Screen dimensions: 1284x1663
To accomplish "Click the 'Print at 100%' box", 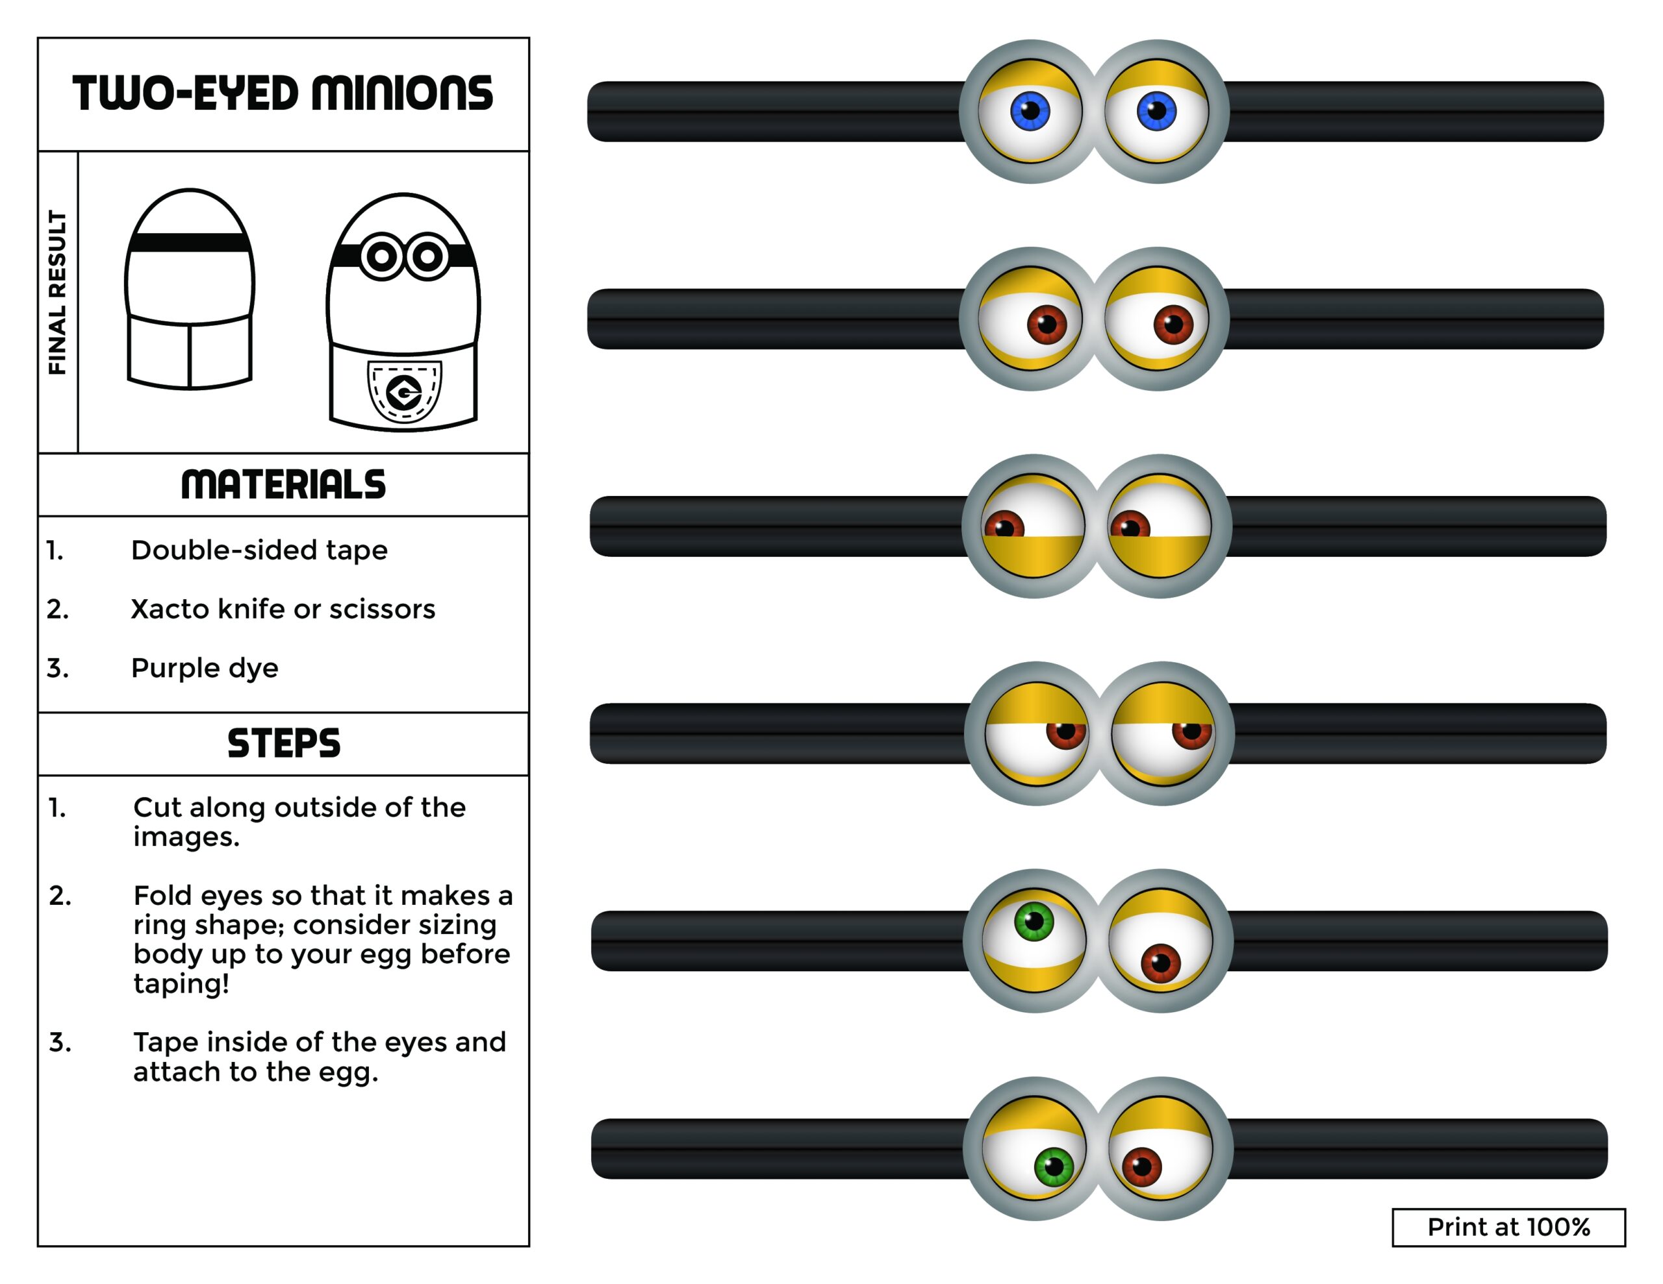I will tap(1508, 1227).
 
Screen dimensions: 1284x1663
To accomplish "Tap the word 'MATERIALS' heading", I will tap(283, 485).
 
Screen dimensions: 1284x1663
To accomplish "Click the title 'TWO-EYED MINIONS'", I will tap(283, 93).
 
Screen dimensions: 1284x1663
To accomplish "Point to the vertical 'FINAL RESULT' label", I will tap(58, 293).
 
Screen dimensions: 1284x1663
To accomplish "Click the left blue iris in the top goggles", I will tap(1030, 111).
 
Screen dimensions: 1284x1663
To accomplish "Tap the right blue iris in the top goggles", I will tap(1156, 111).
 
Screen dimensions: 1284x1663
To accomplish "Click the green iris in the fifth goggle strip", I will tap(1034, 922).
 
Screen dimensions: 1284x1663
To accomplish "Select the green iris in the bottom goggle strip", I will tap(1054, 1166).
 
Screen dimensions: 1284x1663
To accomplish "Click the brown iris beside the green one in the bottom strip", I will tap(1141, 1166).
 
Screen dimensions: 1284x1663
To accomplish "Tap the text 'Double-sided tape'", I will tap(259, 550).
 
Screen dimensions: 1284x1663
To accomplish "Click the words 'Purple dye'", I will tap(204, 667).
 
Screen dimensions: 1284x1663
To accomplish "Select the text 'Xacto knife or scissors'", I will tap(283, 609).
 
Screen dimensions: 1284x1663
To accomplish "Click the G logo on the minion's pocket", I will tap(403, 393).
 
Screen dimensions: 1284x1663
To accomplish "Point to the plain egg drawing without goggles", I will tap(190, 290).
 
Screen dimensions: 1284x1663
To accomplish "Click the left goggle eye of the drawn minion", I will tap(381, 256).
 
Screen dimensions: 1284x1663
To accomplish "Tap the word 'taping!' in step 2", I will tap(181, 983).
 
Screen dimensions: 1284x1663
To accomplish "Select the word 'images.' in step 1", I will tap(186, 837).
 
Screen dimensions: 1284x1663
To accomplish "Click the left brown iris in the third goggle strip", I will tap(1004, 526).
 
